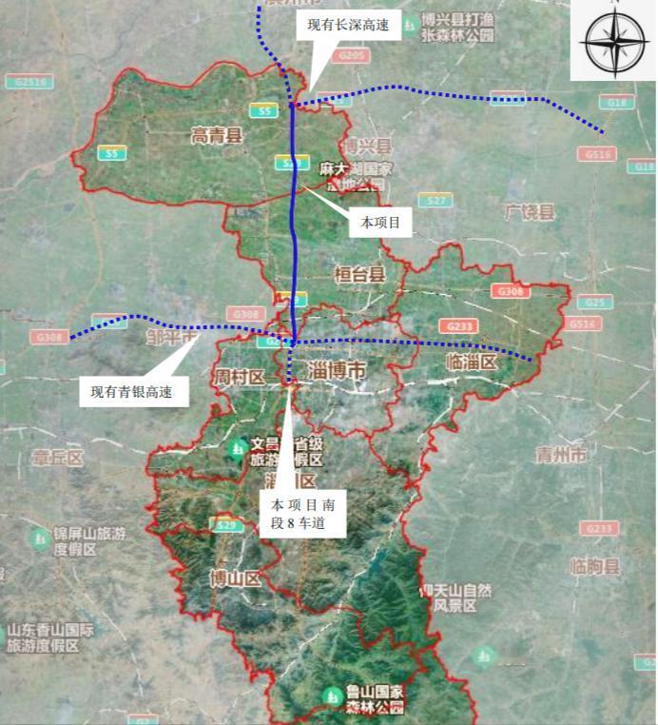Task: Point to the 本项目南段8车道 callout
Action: [302, 514]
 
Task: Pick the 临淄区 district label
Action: [472, 362]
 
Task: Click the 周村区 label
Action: [240, 377]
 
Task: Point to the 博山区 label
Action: [235, 578]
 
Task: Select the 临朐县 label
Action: [596, 567]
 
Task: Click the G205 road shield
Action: [351, 57]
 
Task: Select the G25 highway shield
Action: [594, 303]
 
